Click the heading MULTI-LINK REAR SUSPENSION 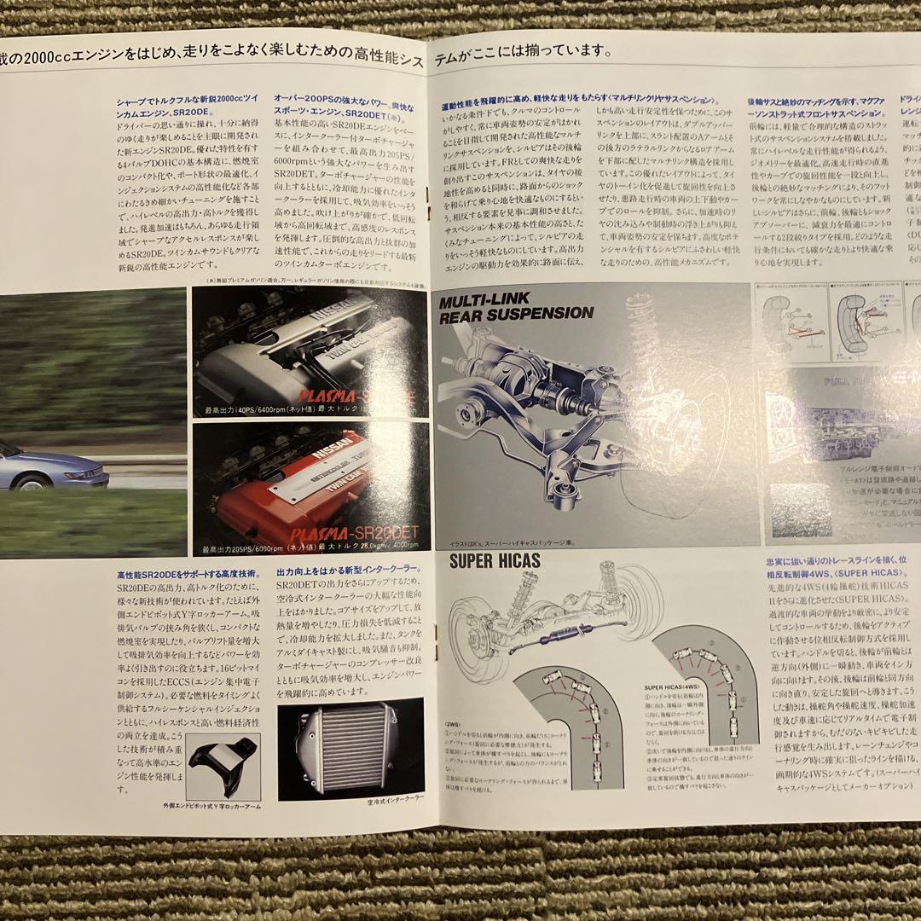516,307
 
